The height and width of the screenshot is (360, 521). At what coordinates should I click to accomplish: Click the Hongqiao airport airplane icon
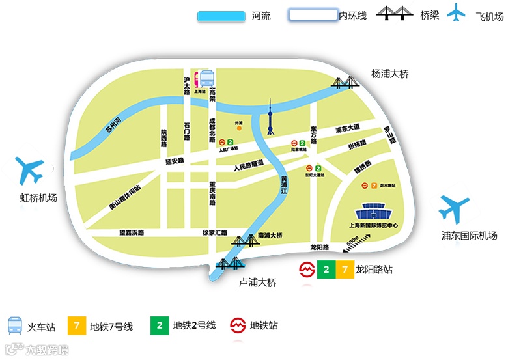click(x=29, y=171)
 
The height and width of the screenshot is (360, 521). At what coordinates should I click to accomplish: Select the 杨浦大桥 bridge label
click(x=389, y=74)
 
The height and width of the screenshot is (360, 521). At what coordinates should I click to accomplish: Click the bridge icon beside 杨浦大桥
click(x=346, y=83)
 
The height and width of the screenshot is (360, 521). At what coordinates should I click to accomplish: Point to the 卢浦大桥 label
click(x=259, y=282)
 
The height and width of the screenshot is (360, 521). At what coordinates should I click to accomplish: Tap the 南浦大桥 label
click(x=270, y=235)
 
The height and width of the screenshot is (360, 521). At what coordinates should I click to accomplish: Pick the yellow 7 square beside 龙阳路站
click(x=344, y=269)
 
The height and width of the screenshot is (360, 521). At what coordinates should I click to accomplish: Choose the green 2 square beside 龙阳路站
click(x=326, y=269)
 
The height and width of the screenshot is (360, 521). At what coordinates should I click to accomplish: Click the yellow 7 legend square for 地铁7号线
click(x=77, y=325)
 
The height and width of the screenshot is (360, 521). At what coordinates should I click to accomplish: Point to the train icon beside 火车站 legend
click(x=15, y=325)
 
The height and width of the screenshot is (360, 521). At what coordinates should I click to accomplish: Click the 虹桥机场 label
click(x=38, y=198)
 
